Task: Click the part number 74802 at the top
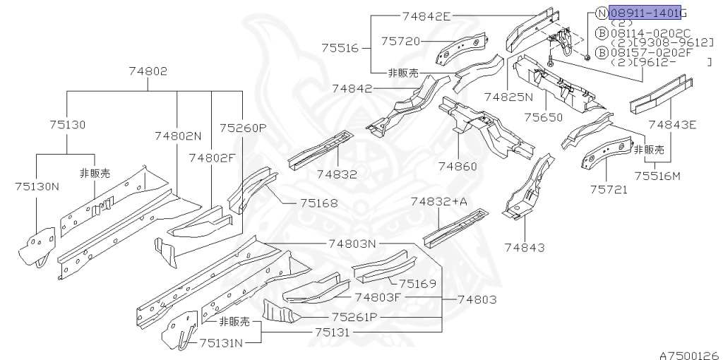148,71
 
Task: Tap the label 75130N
37,186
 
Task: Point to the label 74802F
211,158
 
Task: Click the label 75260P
242,128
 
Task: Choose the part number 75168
318,203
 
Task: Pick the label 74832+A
439,202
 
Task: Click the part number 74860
458,167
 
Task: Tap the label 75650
545,117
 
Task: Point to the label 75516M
657,176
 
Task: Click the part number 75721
609,189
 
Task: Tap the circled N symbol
601,13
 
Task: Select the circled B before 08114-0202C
601,32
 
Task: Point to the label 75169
417,284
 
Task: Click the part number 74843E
672,125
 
